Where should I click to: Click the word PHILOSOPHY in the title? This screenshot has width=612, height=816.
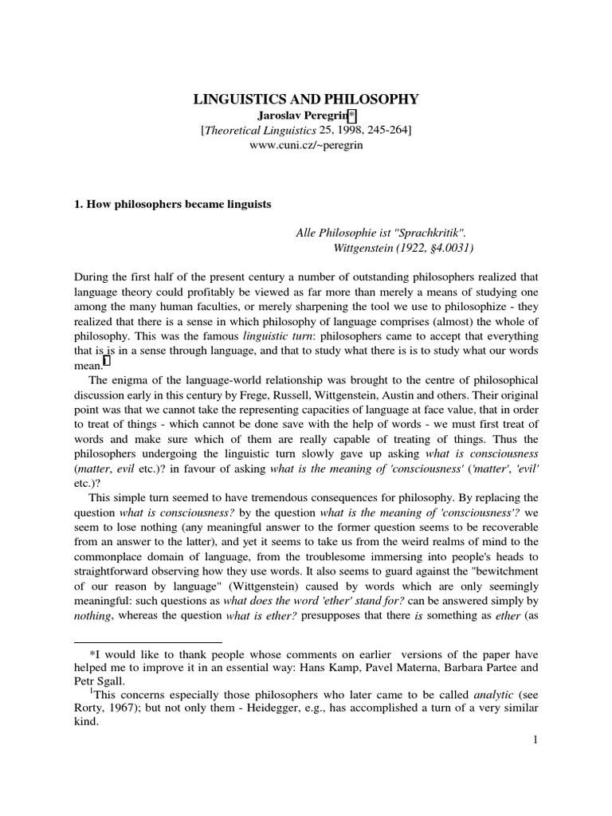(x=369, y=100)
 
